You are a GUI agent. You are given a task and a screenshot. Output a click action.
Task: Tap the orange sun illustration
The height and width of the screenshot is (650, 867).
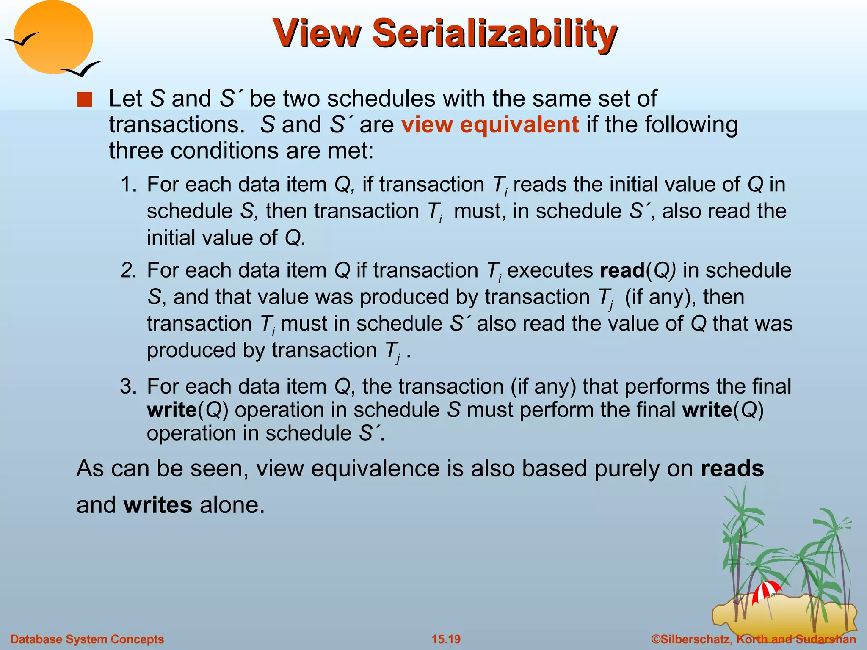(53, 38)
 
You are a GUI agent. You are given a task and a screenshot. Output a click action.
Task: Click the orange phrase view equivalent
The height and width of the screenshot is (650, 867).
(490, 125)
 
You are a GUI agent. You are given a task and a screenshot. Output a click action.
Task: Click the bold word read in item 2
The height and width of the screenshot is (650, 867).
(622, 271)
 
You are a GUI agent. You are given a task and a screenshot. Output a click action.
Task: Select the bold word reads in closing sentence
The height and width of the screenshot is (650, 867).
(732, 469)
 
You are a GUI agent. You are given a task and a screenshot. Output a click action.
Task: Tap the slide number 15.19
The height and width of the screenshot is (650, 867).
(446, 639)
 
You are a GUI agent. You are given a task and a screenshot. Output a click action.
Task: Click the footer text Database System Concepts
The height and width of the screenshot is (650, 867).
(87, 639)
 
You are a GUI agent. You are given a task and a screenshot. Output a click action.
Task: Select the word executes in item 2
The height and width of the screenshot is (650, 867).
(550, 271)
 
